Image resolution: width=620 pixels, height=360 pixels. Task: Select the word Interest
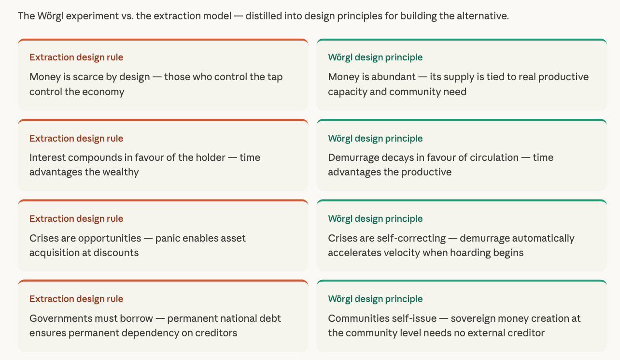click(x=47, y=158)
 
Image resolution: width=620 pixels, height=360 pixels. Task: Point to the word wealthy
click(x=120, y=172)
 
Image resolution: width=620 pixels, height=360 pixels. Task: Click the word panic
click(x=167, y=238)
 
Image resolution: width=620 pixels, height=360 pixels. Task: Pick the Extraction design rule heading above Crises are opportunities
click(x=76, y=218)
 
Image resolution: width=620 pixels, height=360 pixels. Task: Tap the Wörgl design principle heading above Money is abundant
click(x=375, y=58)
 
